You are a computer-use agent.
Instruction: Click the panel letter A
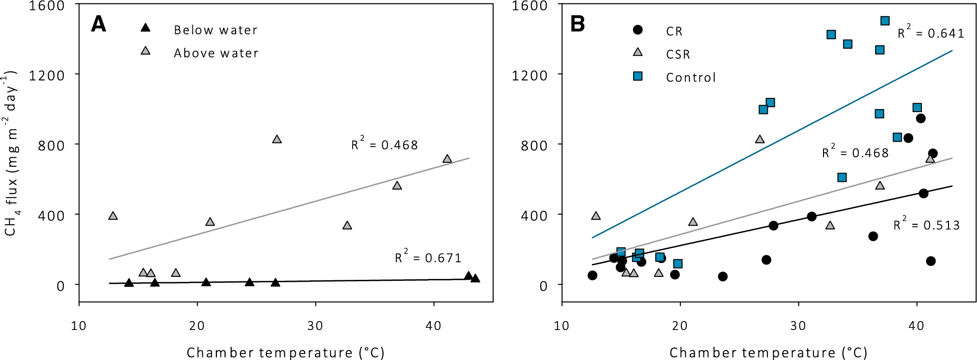pyautogui.click(x=98, y=24)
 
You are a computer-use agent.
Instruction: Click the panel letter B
pyautogui.click(x=578, y=24)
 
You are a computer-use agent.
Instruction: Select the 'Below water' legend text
pyautogui.click(x=215, y=30)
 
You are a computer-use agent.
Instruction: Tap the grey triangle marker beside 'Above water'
pyautogui.click(x=146, y=51)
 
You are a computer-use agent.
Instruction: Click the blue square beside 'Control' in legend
pyautogui.click(x=638, y=76)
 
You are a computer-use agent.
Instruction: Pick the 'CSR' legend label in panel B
pyautogui.click(x=678, y=54)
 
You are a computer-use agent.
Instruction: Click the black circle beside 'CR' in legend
pyautogui.click(x=638, y=30)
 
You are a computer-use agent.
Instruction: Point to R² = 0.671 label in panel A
pyautogui.click(x=428, y=257)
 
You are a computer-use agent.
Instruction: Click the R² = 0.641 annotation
pyautogui.click(x=930, y=32)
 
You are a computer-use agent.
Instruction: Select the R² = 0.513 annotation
pyautogui.click(x=926, y=224)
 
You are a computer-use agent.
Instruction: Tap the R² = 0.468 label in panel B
pyautogui.click(x=855, y=152)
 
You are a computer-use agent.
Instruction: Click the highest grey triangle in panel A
pyautogui.click(x=277, y=140)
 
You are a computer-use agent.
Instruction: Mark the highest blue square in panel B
pyautogui.click(x=885, y=21)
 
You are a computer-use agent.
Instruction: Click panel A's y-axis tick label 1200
pyautogui.click(x=47, y=75)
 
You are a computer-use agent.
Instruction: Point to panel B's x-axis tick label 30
pyautogui.click(x=798, y=326)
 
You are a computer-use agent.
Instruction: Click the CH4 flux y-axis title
pyautogui.click(x=11, y=152)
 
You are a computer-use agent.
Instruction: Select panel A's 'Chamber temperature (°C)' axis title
pyautogui.click(x=285, y=353)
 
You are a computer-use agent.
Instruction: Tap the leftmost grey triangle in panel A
pyautogui.click(x=113, y=216)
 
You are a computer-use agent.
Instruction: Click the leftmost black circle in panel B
pyautogui.click(x=592, y=275)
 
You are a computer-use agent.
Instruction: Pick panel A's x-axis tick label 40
pyautogui.click(x=433, y=326)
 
